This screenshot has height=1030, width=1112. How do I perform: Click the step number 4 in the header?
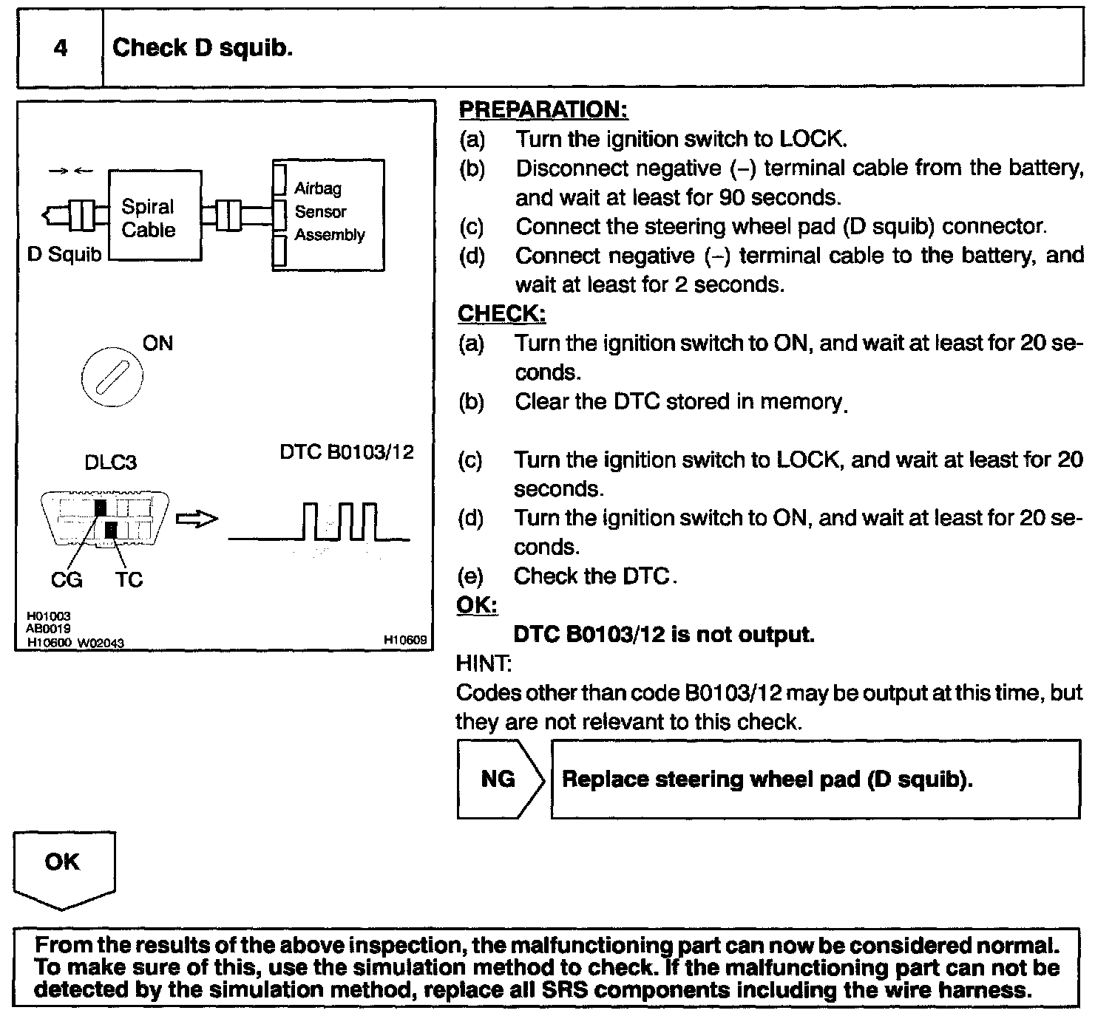click(61, 48)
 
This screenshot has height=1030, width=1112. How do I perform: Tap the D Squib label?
click(64, 255)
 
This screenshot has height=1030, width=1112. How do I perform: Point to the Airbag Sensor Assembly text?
click(329, 212)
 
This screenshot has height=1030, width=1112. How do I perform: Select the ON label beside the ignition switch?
click(157, 344)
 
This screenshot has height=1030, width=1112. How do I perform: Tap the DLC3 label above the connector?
click(110, 463)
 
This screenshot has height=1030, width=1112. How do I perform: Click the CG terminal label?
click(67, 580)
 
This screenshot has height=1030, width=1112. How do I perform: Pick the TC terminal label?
click(129, 580)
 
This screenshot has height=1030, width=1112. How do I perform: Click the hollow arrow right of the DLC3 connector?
click(197, 519)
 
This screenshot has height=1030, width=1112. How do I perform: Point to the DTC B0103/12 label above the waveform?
click(346, 452)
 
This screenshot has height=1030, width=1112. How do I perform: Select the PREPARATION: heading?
click(543, 110)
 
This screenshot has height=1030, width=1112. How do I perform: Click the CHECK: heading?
click(502, 313)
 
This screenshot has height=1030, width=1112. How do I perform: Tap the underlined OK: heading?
click(477, 605)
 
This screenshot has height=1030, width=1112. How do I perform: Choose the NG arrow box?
click(500, 779)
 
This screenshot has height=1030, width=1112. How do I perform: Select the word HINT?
click(484, 664)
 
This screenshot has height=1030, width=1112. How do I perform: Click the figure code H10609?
click(405, 641)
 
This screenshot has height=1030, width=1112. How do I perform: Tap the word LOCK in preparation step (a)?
click(810, 139)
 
